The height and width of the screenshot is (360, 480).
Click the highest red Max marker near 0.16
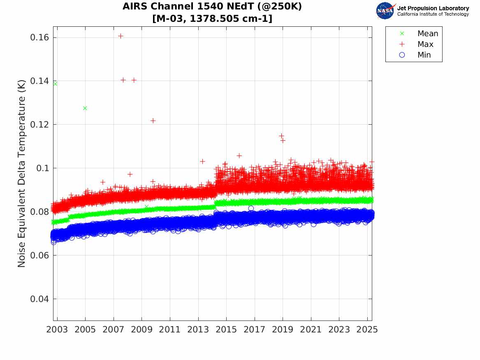[x=121, y=36]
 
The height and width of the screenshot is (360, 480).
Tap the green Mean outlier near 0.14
[x=55, y=84]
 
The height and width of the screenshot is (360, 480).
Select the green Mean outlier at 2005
[x=85, y=108]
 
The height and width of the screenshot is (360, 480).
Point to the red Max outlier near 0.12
[x=153, y=121]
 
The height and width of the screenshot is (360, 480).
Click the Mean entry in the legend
[x=420, y=33]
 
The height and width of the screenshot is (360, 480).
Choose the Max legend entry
[x=416, y=44]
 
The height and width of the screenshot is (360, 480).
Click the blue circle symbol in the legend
[x=402, y=55]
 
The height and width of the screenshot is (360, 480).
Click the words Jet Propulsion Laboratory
[x=433, y=8]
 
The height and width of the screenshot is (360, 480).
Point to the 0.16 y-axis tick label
[x=39, y=37]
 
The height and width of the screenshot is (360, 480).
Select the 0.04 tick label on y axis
[x=39, y=299]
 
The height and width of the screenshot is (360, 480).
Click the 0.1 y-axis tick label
[x=42, y=168]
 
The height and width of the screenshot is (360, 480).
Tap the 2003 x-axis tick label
[x=57, y=330]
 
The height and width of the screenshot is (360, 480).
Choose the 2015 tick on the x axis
[x=226, y=330]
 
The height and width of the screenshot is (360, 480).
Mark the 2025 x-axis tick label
[x=367, y=330]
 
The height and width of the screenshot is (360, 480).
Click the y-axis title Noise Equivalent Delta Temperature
[x=21, y=174]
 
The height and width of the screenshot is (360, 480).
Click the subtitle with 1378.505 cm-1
[x=212, y=19]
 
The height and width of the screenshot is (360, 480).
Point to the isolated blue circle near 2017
[x=251, y=209]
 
